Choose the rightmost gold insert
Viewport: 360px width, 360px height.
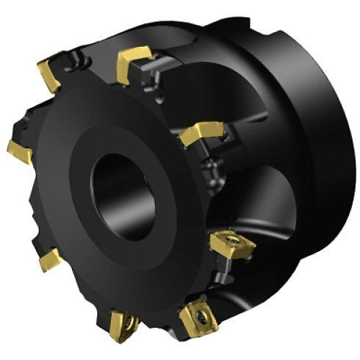click(231, 245)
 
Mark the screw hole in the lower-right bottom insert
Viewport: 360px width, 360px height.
click(200, 316)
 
